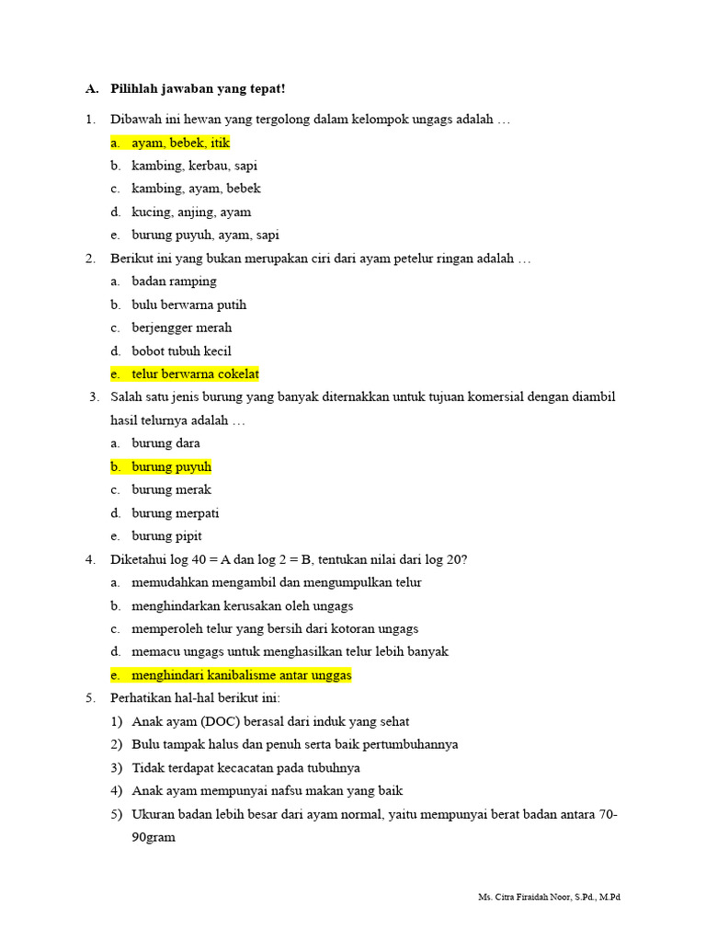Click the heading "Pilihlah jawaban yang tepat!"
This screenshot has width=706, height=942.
pos(198,88)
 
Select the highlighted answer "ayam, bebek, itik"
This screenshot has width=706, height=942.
pos(180,143)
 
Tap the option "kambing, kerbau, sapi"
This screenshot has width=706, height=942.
pos(194,166)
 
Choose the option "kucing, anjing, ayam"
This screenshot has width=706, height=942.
pos(191,212)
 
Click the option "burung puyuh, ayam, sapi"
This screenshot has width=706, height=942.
pos(205,235)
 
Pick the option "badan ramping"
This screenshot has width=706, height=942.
pos(174,281)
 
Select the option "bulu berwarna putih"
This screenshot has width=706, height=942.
pos(188,304)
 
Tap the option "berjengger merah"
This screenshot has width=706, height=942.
pos(181,327)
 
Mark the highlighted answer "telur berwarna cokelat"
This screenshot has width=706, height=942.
pos(195,373)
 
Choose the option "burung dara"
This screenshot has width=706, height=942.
pos(165,443)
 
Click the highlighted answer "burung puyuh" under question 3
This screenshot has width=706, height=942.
pos(171,466)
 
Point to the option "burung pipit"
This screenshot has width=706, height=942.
pos(166,535)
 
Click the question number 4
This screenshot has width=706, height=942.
pos(90,559)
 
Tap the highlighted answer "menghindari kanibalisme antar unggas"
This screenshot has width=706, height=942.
pos(241,675)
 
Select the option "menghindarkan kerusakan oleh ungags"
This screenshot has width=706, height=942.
pos(242,605)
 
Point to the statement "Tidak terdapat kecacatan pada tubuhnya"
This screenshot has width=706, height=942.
pos(245,767)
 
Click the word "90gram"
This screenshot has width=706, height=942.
pos(154,838)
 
